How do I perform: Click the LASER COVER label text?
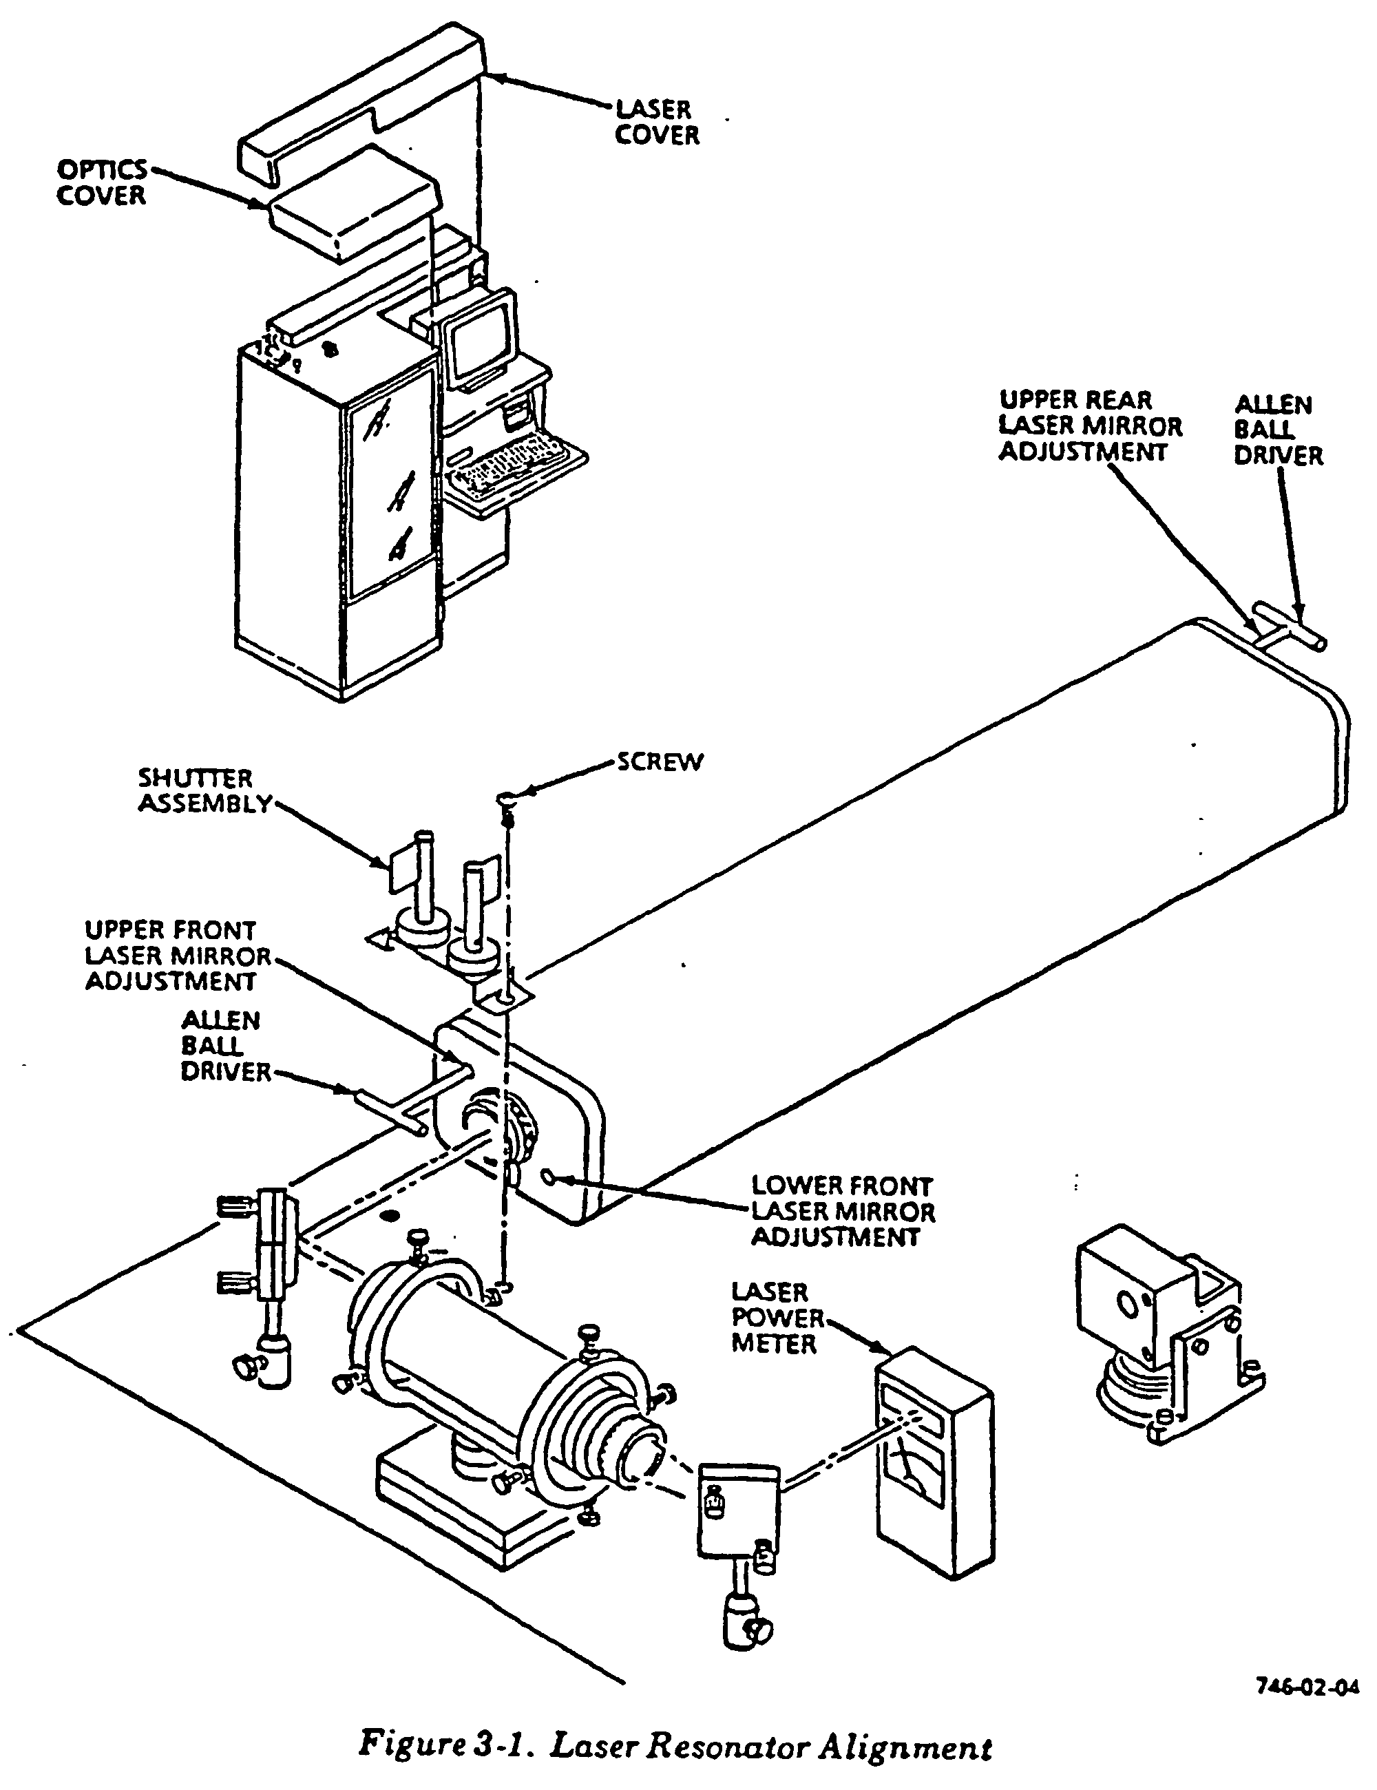[x=658, y=122]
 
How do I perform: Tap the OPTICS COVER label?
[x=102, y=182]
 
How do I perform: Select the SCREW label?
[x=660, y=762]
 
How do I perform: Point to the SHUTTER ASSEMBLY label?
[x=203, y=791]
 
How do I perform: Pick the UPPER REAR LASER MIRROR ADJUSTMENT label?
[x=1090, y=426]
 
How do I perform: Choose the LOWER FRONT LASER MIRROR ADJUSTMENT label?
[x=843, y=1210]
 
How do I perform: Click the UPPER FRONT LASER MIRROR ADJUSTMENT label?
[x=177, y=956]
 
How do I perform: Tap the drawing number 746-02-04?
[x=1307, y=1686]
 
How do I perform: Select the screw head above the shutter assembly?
[x=507, y=797]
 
